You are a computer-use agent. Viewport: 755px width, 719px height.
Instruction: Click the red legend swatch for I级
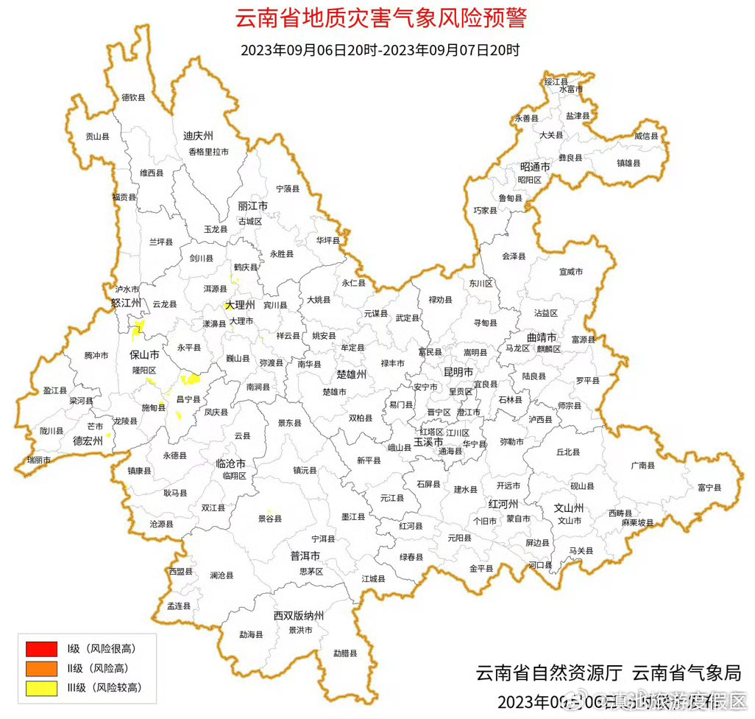click(x=41, y=649)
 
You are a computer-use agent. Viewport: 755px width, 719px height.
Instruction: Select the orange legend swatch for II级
click(x=41, y=668)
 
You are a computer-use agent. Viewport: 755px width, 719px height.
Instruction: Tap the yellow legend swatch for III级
click(x=41, y=688)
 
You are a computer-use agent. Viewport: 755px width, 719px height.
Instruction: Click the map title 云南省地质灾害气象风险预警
click(x=380, y=18)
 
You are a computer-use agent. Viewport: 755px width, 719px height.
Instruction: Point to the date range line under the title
click(x=380, y=51)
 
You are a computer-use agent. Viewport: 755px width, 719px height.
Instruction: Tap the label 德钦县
click(x=133, y=97)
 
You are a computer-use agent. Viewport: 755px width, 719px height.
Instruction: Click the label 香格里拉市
click(x=208, y=152)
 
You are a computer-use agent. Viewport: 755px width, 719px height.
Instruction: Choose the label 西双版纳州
click(x=299, y=615)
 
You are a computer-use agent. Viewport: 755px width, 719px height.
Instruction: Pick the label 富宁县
click(x=709, y=488)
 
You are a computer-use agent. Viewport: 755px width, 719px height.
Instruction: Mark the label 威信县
click(x=646, y=136)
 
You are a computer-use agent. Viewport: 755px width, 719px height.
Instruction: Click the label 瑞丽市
click(x=39, y=460)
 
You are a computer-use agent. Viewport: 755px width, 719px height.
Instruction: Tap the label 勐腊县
click(x=344, y=653)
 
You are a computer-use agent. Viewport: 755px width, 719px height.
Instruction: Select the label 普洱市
click(x=305, y=555)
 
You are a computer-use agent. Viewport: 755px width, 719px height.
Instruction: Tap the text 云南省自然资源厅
click(x=550, y=673)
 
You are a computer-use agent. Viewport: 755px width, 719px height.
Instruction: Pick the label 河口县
click(x=540, y=565)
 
